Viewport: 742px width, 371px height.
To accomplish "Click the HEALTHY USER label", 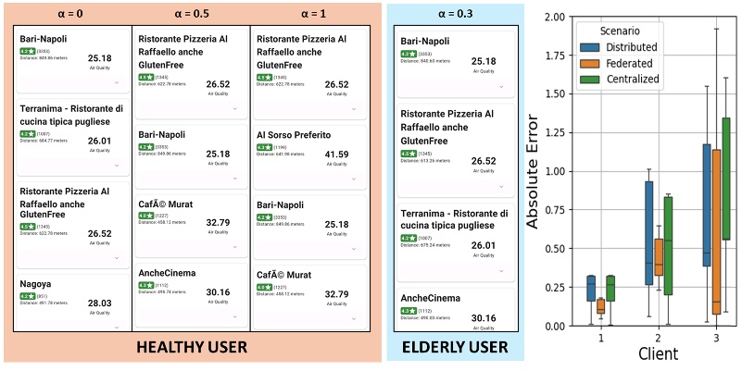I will (191, 348).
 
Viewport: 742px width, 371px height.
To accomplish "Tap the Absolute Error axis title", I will (534, 171).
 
